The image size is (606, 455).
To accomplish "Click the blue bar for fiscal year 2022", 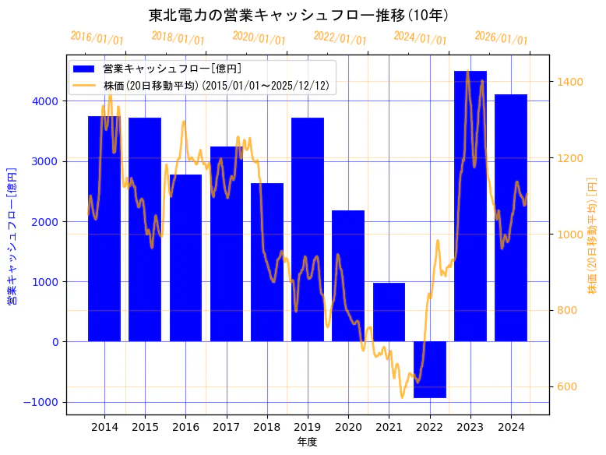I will [x=430, y=369].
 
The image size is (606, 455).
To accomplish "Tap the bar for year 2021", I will [x=389, y=312].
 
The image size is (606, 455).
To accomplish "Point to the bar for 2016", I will [x=185, y=258].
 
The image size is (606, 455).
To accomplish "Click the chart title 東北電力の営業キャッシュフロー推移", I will [x=298, y=15].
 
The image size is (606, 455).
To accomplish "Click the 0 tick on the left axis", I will [x=55, y=342].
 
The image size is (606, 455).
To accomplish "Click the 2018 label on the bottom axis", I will [x=267, y=426].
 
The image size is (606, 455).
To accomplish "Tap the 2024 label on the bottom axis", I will [x=511, y=426].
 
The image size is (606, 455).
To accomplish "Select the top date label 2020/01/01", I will [x=259, y=37].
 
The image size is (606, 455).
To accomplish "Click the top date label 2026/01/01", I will [x=501, y=37].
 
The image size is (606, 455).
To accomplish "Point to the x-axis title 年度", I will [x=308, y=442].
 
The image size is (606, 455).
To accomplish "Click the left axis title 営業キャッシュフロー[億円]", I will [x=12, y=236].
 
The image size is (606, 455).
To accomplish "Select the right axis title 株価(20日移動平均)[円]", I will [x=593, y=236].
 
